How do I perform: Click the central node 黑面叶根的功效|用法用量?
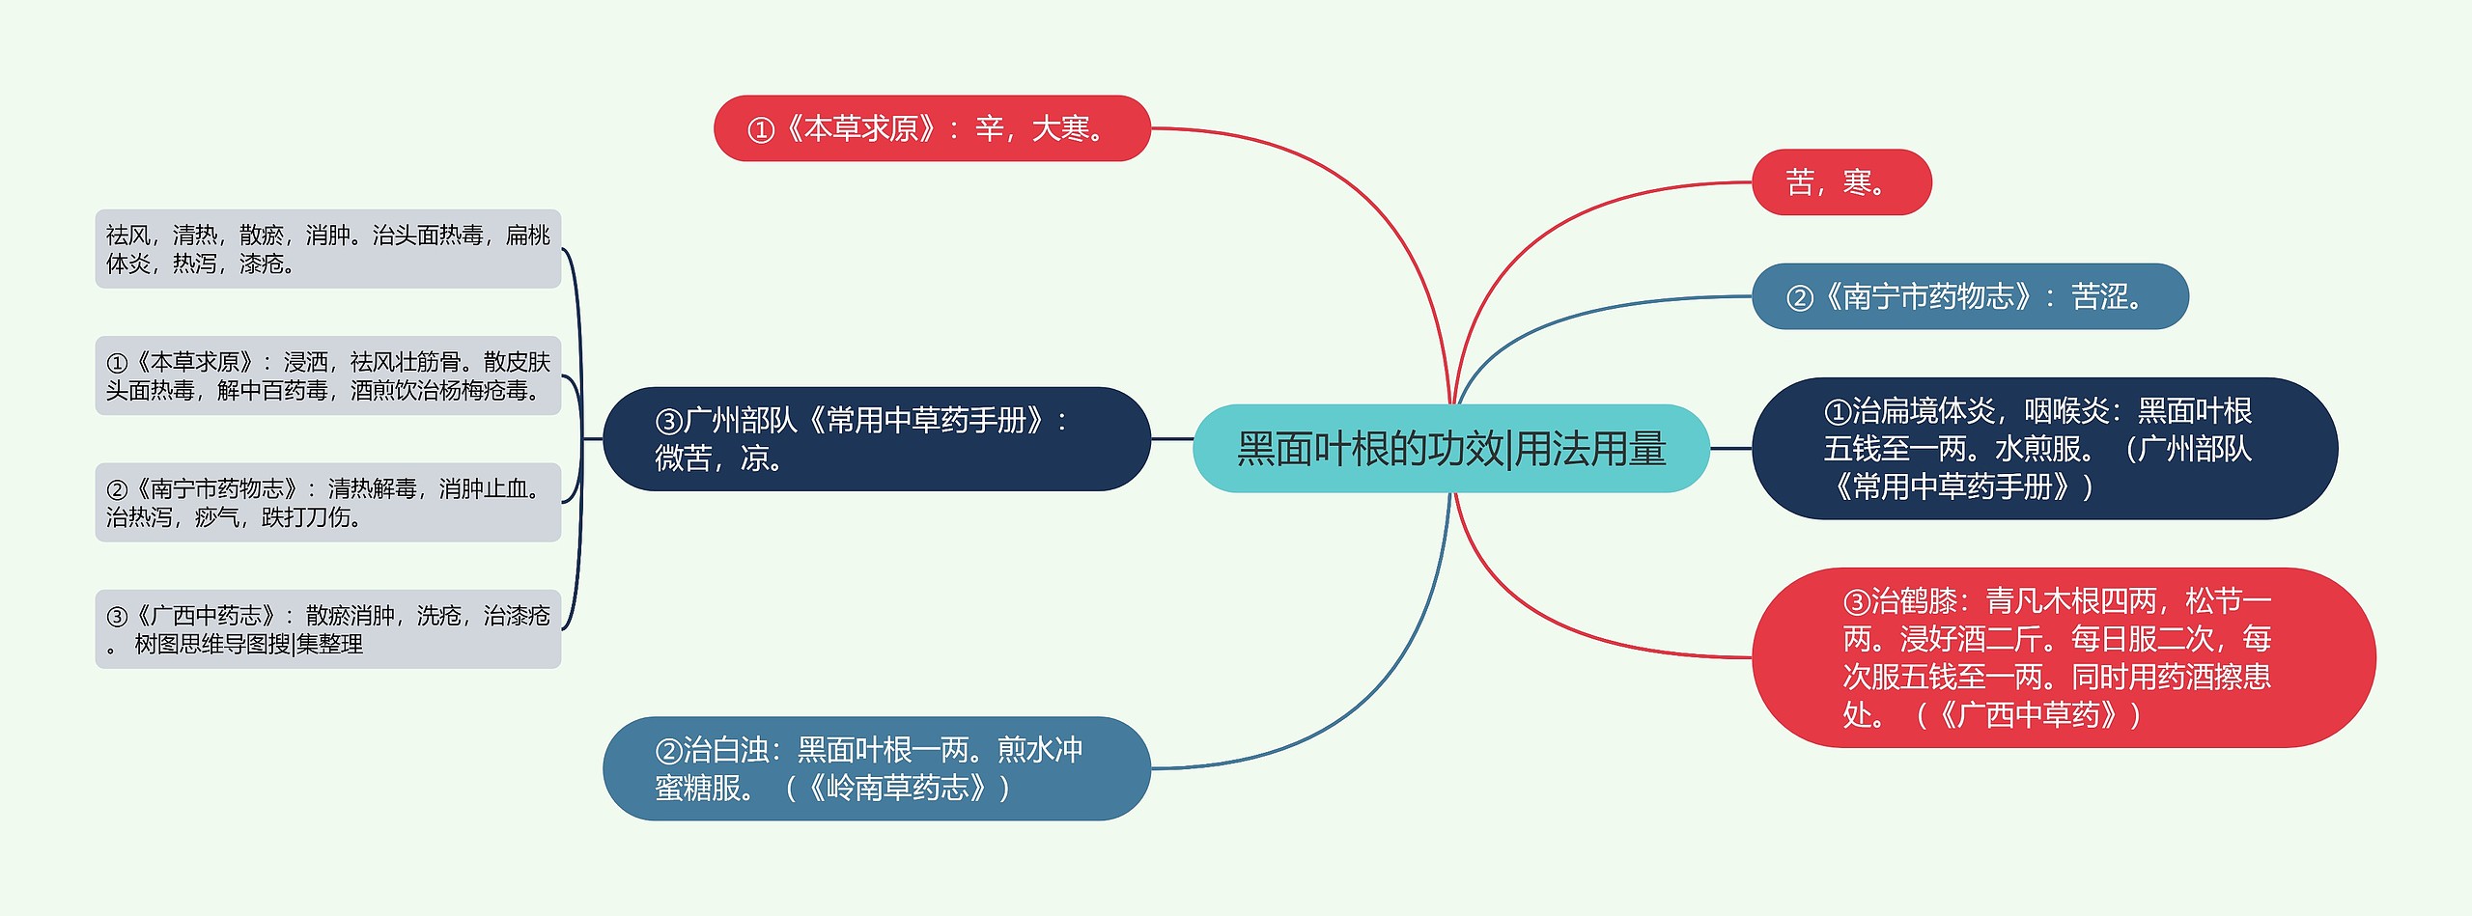coord(1450,449)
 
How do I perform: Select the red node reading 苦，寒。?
coord(1840,182)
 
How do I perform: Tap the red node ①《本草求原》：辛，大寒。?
coord(932,128)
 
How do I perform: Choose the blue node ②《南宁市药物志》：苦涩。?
coord(1969,296)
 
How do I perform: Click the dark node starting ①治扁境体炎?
coord(2043,449)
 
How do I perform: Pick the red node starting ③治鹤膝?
coord(2063,657)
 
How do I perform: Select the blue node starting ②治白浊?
coord(876,768)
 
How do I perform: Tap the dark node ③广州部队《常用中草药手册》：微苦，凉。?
coord(876,439)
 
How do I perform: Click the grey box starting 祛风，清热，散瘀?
coord(327,249)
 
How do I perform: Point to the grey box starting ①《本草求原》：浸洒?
coord(327,375)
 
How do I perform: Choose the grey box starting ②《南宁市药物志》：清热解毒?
coord(327,502)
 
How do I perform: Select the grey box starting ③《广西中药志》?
coord(327,629)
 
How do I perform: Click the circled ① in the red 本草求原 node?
coord(761,130)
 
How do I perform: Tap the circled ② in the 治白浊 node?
coord(668,751)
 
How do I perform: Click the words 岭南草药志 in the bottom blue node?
coord(897,789)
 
